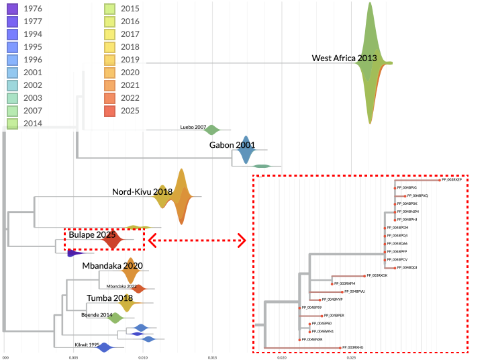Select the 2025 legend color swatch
(111, 110)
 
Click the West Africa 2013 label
(344, 58)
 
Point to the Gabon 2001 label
(232, 145)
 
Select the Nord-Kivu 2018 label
(142, 192)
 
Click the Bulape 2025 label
(92, 236)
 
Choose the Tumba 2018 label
(109, 298)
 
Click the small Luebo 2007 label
(193, 127)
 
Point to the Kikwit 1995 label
(87, 345)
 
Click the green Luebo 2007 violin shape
(212, 130)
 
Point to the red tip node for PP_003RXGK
(364, 276)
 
